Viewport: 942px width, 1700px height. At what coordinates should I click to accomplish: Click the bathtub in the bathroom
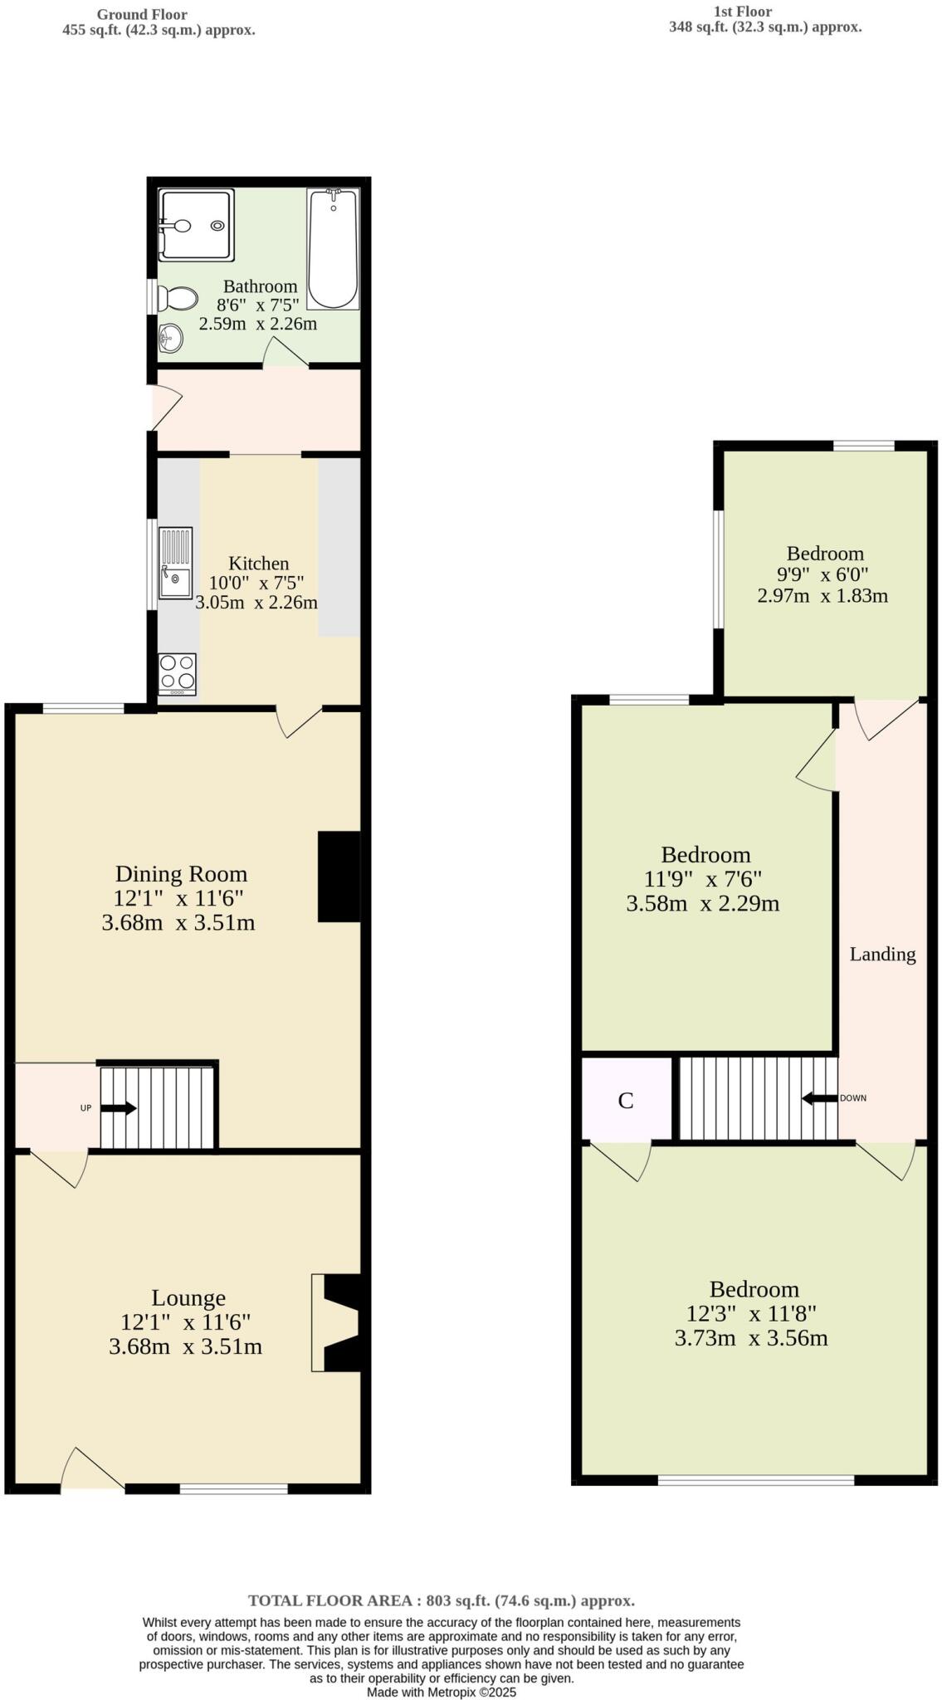pyautogui.click(x=333, y=249)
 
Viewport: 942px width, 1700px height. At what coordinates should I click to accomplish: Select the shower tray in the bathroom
pyautogui.click(x=197, y=225)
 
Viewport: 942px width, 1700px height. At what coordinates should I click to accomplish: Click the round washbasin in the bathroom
pyautogui.click(x=171, y=338)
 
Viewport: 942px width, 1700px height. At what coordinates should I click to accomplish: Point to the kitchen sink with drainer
pyautogui.click(x=175, y=563)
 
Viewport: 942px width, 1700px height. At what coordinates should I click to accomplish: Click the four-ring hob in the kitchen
pyautogui.click(x=177, y=673)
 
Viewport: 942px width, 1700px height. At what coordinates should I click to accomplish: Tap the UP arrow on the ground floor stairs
pyautogui.click(x=118, y=1107)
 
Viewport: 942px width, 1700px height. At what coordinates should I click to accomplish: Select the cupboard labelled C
pyautogui.click(x=626, y=1100)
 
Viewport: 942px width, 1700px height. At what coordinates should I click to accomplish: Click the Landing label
pyautogui.click(x=882, y=955)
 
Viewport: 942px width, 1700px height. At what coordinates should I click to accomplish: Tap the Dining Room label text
pyautogui.click(x=181, y=873)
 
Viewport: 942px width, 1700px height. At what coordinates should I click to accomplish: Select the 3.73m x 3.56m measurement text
pyautogui.click(x=750, y=1338)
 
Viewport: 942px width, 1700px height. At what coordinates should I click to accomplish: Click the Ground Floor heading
pyautogui.click(x=142, y=15)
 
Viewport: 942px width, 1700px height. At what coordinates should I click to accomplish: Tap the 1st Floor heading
pyautogui.click(x=742, y=12)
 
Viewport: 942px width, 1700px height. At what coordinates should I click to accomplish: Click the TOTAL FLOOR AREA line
pyautogui.click(x=441, y=1600)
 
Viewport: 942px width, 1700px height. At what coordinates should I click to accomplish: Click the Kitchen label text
pyautogui.click(x=258, y=564)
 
